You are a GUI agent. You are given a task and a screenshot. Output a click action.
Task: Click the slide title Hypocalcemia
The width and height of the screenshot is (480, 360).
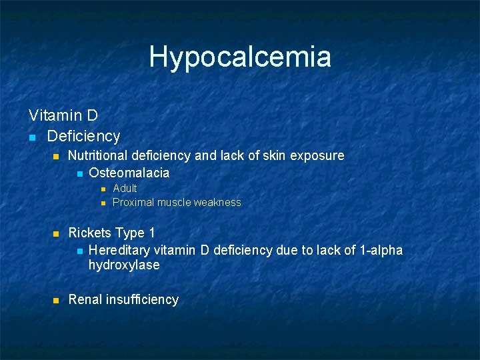coord(240,57)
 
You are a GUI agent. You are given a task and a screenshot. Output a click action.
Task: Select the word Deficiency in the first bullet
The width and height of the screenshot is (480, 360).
coord(83,136)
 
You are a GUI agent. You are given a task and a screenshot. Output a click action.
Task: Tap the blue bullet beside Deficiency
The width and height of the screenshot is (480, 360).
coord(31,137)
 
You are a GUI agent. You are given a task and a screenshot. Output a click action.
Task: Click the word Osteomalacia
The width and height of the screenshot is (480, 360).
coord(129,173)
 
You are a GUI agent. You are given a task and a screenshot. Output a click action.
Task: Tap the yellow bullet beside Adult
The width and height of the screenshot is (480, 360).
coord(103,189)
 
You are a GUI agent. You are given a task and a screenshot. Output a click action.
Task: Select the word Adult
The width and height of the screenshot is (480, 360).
coord(125,188)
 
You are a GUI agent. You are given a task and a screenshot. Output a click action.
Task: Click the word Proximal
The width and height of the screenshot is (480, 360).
coord(133,202)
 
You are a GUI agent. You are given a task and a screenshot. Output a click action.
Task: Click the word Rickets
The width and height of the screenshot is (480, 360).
coord(90,233)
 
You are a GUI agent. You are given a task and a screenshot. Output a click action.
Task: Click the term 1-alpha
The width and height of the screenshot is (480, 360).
coord(380,250)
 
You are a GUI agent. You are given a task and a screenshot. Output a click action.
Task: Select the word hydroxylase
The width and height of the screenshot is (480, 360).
coord(124,265)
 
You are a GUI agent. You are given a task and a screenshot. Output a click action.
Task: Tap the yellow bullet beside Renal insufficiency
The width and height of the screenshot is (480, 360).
coord(56,300)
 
